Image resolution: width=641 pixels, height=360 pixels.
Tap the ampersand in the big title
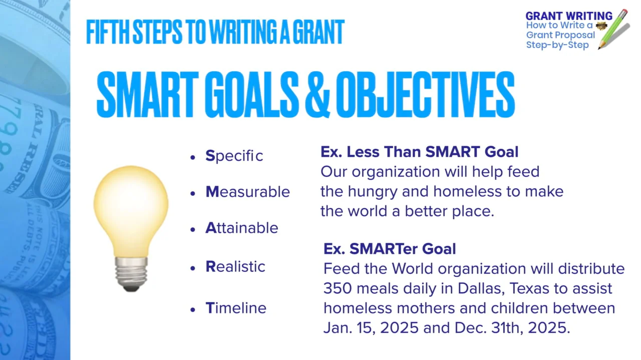point(317,95)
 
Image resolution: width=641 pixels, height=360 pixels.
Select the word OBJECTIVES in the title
point(425,95)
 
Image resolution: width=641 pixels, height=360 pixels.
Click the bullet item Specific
point(234,156)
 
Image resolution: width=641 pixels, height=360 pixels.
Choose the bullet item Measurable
point(247,192)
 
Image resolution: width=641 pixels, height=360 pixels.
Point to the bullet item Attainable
point(242,228)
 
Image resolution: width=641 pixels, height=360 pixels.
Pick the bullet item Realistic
point(235,266)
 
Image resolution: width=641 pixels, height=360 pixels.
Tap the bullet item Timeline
point(236,308)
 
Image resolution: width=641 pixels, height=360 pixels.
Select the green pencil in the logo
point(613,29)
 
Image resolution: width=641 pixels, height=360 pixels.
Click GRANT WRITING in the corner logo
point(569,16)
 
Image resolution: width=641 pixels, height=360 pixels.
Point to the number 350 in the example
point(338,288)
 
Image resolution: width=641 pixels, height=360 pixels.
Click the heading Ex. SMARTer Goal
point(390,249)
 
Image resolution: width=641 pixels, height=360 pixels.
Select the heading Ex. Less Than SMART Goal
point(419,152)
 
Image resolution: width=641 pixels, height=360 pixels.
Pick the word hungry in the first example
point(373,192)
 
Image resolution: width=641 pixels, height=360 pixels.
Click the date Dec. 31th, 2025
point(512,327)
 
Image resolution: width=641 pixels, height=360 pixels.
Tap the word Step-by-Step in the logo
point(557,45)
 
